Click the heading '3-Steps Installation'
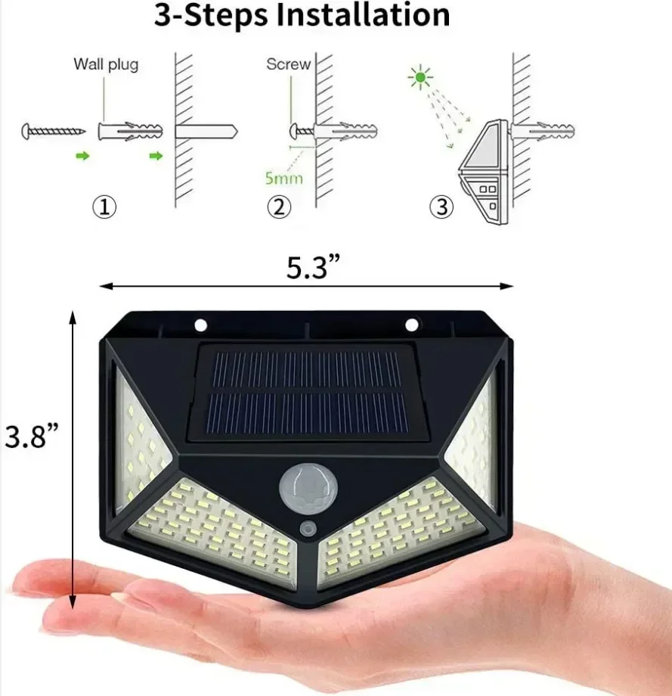[x=302, y=15]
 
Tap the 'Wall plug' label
[x=106, y=64]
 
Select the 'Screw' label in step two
[x=288, y=64]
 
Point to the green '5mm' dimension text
[x=284, y=179]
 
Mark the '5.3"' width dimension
[x=313, y=268]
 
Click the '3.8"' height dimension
[x=31, y=437]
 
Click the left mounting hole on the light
[x=201, y=325]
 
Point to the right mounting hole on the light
[x=412, y=325]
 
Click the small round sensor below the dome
[x=308, y=527]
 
